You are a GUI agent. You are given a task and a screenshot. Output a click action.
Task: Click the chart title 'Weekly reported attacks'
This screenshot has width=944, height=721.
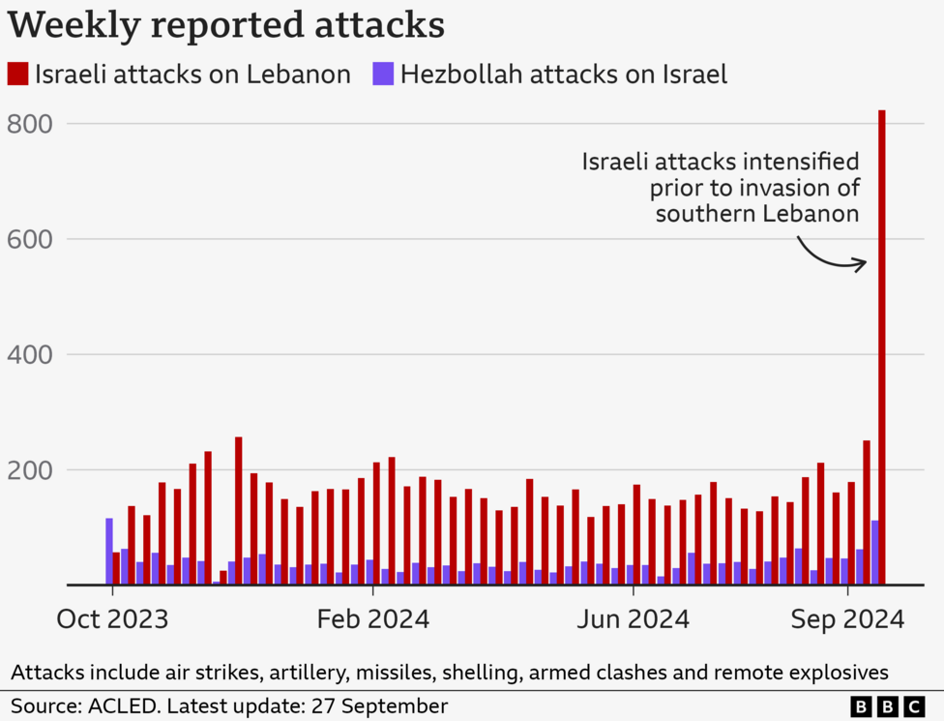coord(226,24)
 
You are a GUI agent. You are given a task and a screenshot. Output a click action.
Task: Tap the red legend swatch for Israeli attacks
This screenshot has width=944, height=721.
coord(18,74)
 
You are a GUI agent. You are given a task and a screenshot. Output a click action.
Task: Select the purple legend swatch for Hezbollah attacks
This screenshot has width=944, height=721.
coord(383,74)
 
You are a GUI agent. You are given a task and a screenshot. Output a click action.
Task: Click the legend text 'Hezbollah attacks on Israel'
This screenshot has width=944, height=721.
coord(563,74)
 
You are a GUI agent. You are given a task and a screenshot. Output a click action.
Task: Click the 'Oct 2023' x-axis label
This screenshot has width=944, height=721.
coord(111,619)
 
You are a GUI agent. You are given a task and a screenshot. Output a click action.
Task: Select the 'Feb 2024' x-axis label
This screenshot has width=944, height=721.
coord(373,619)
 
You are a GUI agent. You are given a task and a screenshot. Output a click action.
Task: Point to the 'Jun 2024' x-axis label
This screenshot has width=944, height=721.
coord(633,619)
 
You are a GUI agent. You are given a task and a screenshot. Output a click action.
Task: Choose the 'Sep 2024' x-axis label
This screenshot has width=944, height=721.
coord(847,619)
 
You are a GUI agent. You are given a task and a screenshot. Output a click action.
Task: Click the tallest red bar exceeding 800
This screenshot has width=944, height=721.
coord(882,348)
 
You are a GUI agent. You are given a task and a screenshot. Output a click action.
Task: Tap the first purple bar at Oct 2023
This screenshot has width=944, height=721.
coord(109,552)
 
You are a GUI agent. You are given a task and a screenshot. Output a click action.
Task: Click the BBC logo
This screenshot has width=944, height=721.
coord(887,707)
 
